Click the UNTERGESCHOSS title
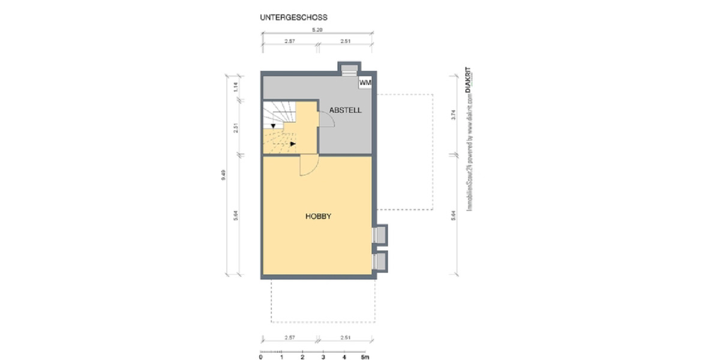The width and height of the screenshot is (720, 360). (x=293, y=18)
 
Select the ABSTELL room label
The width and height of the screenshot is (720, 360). (x=345, y=110)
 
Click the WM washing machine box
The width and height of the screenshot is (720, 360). (x=364, y=82)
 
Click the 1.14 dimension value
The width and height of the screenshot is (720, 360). (x=236, y=86)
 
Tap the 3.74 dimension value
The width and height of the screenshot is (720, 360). (x=454, y=115)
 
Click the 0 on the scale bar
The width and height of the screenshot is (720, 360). (x=260, y=357)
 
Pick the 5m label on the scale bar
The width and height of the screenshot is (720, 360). (x=365, y=357)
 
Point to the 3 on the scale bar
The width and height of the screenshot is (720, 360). (x=323, y=357)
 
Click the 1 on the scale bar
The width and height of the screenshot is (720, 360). (x=281, y=357)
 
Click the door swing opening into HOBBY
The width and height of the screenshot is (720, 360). (x=307, y=166)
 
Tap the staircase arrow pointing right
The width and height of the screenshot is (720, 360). (x=293, y=144)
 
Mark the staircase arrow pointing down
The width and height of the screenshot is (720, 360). (x=273, y=126)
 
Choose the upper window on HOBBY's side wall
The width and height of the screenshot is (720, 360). (x=380, y=235)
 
